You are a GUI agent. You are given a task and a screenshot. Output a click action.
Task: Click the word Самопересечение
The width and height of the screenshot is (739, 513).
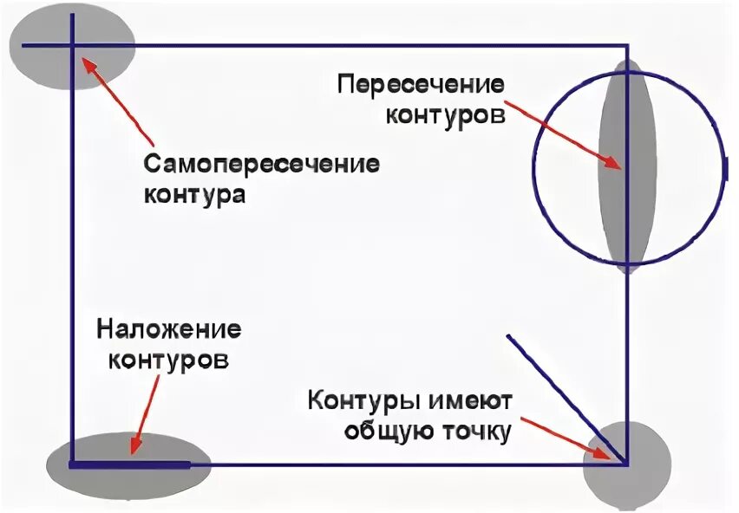point(261,165)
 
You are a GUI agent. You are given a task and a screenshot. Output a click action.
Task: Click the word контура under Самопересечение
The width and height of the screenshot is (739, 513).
point(193,194)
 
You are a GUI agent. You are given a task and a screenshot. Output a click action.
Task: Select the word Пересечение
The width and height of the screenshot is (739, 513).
point(421,86)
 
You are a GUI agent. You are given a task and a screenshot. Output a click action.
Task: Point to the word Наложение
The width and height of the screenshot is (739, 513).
point(168,330)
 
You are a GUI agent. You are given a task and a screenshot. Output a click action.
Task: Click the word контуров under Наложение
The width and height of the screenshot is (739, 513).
point(168,360)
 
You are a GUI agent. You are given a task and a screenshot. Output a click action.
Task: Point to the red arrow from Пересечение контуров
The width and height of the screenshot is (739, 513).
point(564,135)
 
